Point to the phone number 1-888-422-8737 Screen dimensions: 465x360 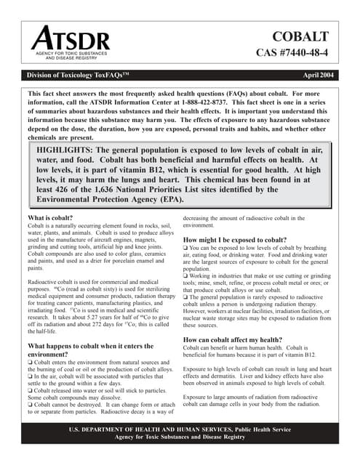pyautogui.click(x=223, y=103)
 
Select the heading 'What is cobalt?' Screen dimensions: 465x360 pyautogui.click(x=52, y=218)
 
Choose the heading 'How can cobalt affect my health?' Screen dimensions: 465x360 pyautogui.click(x=234, y=339)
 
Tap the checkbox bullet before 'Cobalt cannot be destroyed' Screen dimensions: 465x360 pyautogui.click(x=30, y=403)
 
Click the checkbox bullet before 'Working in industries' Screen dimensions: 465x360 pyautogui.click(x=185, y=276)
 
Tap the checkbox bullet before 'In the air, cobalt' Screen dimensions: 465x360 pyautogui.click(x=30, y=377)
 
